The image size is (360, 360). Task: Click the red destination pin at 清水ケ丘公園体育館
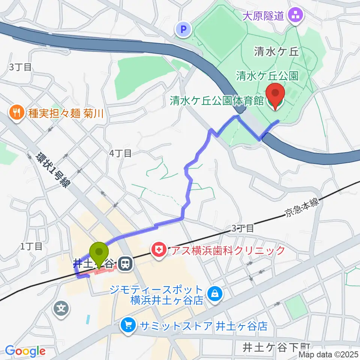275,96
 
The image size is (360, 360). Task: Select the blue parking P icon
183,29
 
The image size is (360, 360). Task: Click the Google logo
25,351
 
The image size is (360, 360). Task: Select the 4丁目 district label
120,153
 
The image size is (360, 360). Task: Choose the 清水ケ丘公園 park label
267,76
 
